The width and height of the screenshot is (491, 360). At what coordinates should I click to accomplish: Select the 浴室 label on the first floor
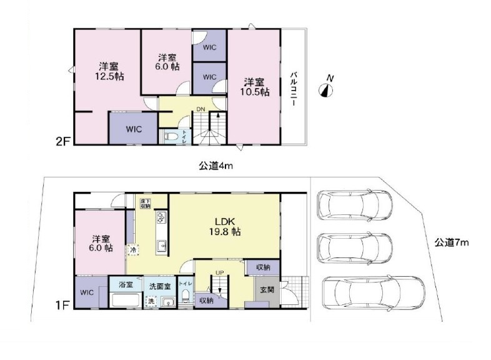(126, 285)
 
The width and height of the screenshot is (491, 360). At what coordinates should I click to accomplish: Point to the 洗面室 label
(159, 286)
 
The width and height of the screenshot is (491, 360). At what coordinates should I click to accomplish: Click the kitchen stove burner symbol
(161, 218)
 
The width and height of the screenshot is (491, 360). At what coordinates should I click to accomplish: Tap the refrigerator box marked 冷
(132, 249)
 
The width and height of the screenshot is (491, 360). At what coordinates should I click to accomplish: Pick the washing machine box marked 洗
(151, 301)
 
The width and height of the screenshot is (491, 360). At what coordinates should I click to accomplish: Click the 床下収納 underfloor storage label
(145, 202)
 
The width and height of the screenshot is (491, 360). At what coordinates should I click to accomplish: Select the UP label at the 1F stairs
(219, 273)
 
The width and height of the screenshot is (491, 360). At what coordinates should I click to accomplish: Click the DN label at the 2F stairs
(200, 110)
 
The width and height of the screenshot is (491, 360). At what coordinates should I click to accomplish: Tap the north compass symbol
(327, 88)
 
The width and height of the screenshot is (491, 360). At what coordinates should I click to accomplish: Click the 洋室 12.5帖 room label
(107, 71)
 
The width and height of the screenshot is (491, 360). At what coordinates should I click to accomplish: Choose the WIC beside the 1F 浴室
(86, 292)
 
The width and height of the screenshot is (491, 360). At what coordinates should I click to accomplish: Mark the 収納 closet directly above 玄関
(259, 267)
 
